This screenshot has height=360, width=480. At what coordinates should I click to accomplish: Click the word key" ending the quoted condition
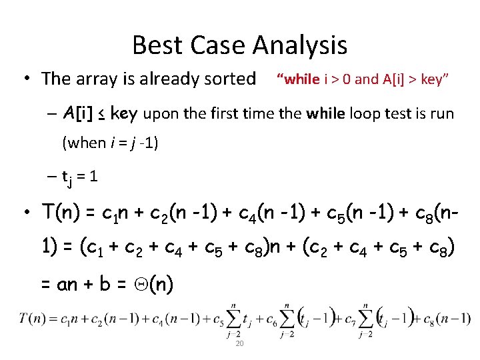point(432,79)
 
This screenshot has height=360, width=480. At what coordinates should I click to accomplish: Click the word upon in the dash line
point(160,114)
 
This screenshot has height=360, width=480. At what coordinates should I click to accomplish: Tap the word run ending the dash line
point(441,114)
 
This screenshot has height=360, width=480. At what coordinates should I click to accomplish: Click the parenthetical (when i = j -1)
point(109,142)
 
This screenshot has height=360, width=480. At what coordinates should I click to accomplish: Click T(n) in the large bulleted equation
point(59,213)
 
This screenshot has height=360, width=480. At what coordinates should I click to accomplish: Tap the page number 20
point(240,343)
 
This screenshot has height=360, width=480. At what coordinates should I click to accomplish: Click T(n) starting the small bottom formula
point(32,319)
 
